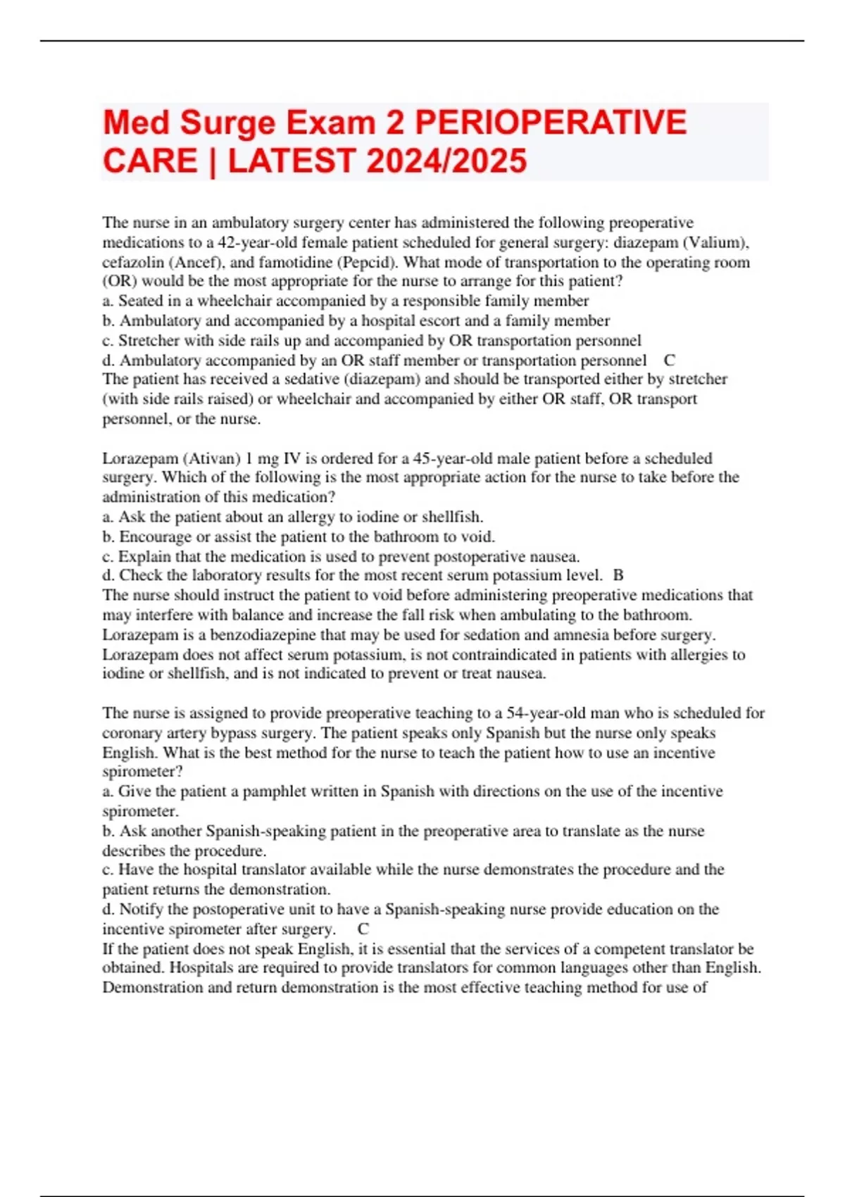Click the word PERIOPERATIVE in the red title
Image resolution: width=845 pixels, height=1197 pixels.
[x=550, y=123]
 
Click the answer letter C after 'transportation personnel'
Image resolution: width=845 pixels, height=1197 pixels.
[x=669, y=361]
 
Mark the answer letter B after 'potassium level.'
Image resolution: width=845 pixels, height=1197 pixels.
[x=618, y=575]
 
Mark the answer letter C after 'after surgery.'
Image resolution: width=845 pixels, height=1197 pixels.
[x=363, y=929]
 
